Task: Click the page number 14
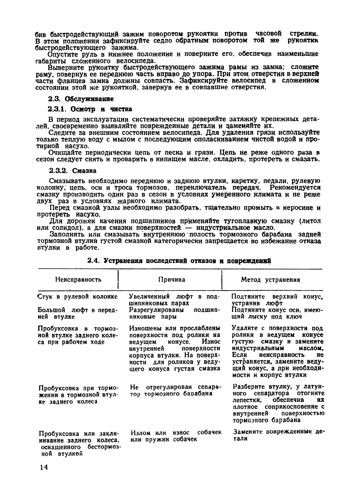(x=44, y=467)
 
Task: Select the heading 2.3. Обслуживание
(x=81, y=99)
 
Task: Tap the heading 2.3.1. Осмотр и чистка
(x=90, y=109)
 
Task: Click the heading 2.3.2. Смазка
(x=72, y=171)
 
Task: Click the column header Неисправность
(x=78, y=280)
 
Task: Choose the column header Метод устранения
(x=270, y=280)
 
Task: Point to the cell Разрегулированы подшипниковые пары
(x=173, y=313)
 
